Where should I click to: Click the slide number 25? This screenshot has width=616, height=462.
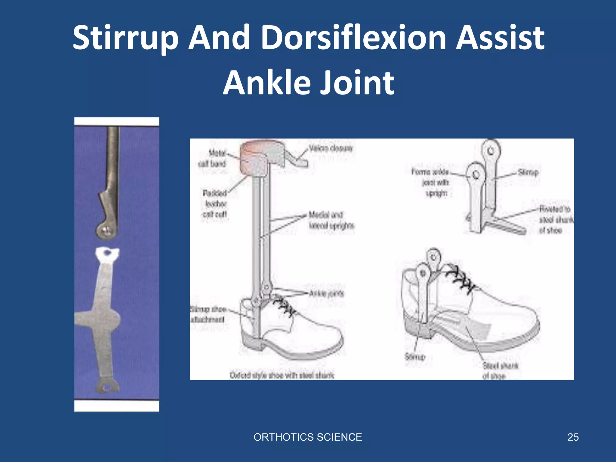click(x=573, y=437)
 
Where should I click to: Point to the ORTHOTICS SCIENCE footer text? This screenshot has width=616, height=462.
click(x=308, y=437)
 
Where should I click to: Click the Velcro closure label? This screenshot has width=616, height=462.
click(x=331, y=149)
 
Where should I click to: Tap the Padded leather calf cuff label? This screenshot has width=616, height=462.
click(x=215, y=204)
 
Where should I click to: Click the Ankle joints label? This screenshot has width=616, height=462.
click(x=326, y=294)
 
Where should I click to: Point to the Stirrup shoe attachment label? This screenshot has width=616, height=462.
click(x=208, y=314)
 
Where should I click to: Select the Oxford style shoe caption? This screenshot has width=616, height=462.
click(x=282, y=375)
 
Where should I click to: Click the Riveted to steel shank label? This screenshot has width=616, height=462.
click(x=555, y=220)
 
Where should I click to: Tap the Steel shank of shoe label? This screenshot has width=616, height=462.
click(x=500, y=371)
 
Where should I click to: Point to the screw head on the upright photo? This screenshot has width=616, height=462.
click(x=106, y=231)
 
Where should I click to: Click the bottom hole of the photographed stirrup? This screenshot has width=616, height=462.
click(x=106, y=388)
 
